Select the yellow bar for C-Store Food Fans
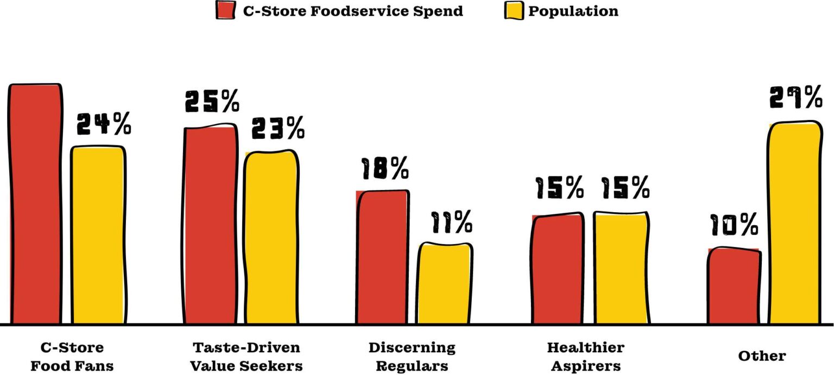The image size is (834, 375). point(98,235)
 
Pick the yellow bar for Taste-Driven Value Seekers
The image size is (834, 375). point(271,237)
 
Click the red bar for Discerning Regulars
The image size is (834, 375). point(382,257)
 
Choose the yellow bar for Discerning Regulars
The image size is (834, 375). point(445,283)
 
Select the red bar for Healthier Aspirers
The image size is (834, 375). point(558,269)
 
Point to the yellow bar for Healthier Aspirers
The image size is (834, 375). point(621,268)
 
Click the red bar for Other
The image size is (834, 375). point(734,286)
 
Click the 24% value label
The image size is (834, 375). point(104,124)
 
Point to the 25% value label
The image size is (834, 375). point(212,101)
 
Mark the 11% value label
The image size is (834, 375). point(452,221)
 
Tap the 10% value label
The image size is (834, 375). point(733,225)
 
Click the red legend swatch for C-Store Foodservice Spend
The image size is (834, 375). point(226,10)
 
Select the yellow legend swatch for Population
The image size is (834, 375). point(514,10)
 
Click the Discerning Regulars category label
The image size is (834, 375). point(412,356)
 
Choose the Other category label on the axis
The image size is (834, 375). point(762,356)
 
